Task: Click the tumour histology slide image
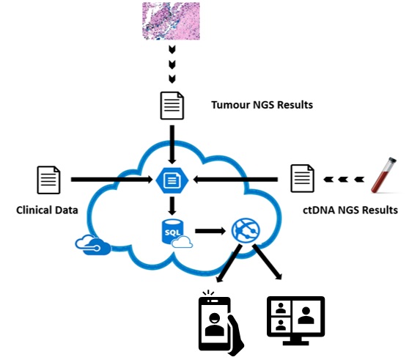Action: pyautogui.click(x=171, y=21)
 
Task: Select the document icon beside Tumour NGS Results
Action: pyautogui.click(x=172, y=106)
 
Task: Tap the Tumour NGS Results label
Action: pyautogui.click(x=262, y=105)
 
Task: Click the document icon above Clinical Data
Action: pyautogui.click(x=48, y=180)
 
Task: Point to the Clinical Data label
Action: pyautogui.click(x=47, y=210)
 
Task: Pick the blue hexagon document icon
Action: pyautogui.click(x=172, y=180)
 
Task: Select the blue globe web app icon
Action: pyautogui.click(x=246, y=231)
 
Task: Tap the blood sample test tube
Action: pyautogui.click(x=384, y=175)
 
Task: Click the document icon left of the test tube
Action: pyautogui.click(x=303, y=178)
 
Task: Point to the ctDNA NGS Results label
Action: pyautogui.click(x=350, y=210)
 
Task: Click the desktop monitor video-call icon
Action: pyautogui.click(x=296, y=320)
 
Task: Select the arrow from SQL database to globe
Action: pyautogui.click(x=210, y=231)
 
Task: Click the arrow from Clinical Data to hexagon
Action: pyautogui.click(x=111, y=180)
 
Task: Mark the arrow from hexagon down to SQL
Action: pyautogui.click(x=172, y=206)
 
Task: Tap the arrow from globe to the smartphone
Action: pyautogui.click(x=229, y=264)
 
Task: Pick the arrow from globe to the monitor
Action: pyautogui.click(x=268, y=262)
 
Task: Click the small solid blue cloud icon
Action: pyautogui.click(x=93, y=245)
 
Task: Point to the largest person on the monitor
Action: pyautogui.click(x=306, y=315)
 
